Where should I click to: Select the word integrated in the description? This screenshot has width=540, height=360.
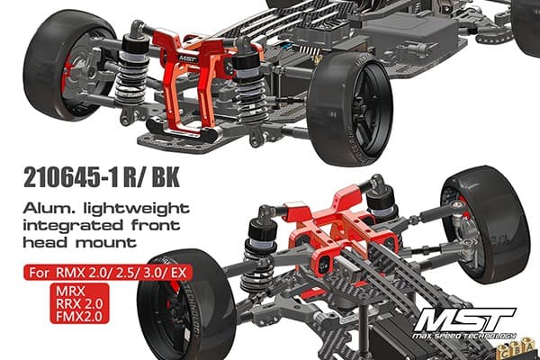(x=73, y=226)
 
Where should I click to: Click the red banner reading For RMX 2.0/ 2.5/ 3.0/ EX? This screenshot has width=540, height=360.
(x=108, y=274)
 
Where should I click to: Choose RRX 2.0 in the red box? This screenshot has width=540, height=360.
(x=79, y=304)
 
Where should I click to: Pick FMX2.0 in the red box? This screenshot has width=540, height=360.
(x=79, y=316)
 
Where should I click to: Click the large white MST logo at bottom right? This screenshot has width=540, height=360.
(x=465, y=320)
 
